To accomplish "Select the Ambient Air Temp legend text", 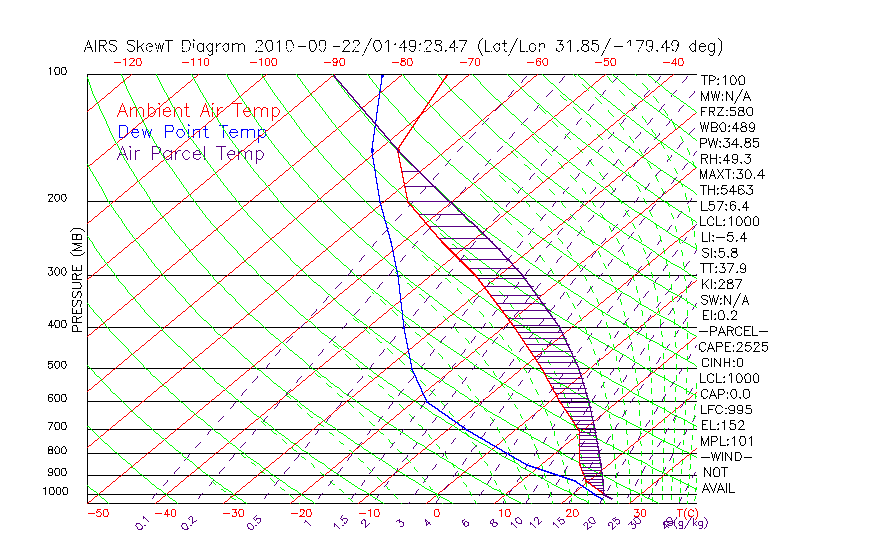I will tap(198, 111).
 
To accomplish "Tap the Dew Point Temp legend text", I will tap(192, 132).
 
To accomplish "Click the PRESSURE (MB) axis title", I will tap(78, 285).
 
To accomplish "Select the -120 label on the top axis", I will tap(128, 62).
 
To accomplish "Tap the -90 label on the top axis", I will tap(333, 62).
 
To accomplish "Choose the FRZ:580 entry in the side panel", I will tap(727, 111).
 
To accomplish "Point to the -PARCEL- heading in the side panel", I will tap(733, 331).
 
